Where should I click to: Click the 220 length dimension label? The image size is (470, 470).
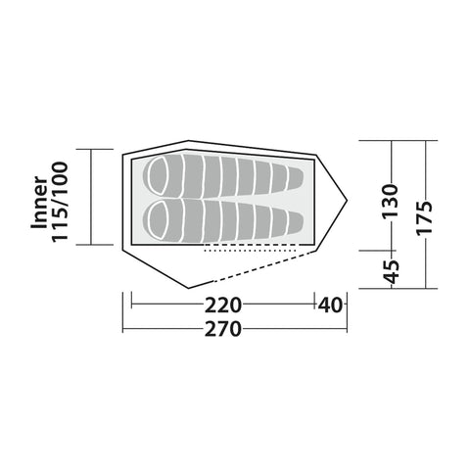tap(223, 305)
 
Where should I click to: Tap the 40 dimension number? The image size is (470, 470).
tap(330, 305)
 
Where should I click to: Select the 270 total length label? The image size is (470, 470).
tap(223, 329)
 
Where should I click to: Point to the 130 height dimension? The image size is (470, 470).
tap(391, 201)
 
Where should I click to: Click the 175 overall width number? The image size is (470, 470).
tap(425, 217)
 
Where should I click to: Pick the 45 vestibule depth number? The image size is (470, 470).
tap(391, 271)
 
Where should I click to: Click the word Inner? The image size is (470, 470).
tap(39, 203)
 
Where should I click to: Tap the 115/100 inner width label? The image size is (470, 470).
tap(60, 202)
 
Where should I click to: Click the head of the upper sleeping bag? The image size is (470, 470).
tap(158, 176)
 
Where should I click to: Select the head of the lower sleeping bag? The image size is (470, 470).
tap(158, 219)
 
